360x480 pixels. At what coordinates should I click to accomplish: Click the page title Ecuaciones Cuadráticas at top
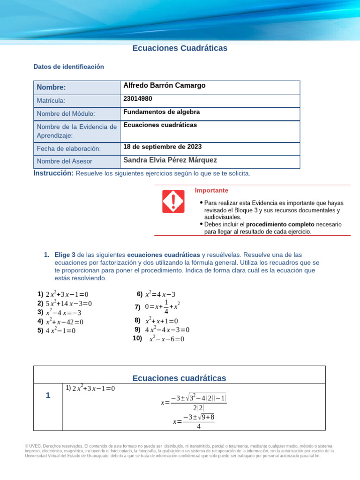pos(180,48)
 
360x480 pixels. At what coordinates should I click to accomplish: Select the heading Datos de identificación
pos(68,67)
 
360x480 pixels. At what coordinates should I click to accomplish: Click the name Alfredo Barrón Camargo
pos(164,86)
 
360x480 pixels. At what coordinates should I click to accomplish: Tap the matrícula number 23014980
pos(137,99)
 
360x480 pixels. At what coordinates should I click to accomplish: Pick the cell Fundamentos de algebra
pos(161,112)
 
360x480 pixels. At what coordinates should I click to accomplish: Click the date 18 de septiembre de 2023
pos(162,147)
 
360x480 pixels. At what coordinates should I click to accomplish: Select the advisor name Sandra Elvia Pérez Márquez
pos(170,160)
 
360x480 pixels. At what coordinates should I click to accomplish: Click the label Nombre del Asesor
pos(64,161)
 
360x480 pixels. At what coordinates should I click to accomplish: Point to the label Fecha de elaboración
pos(69,149)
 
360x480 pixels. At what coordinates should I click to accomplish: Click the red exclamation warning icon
pos(173,201)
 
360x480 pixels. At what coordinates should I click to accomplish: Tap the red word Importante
pos(211,191)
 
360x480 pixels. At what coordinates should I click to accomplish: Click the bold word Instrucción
pos(53,173)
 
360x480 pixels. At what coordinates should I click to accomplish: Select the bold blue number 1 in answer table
pos(48,396)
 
